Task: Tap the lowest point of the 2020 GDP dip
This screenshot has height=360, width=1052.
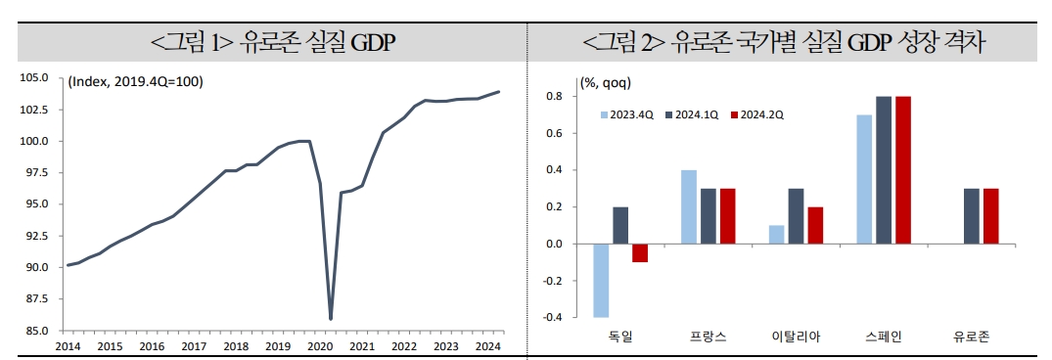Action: (x=331, y=318)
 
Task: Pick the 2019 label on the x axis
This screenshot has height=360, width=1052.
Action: (x=277, y=346)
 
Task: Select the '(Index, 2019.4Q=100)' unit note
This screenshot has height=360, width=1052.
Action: (x=135, y=81)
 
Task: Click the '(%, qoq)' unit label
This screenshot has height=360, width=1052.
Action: (x=606, y=82)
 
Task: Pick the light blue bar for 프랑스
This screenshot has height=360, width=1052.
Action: (x=688, y=206)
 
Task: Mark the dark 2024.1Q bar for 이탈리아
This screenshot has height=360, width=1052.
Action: (x=797, y=216)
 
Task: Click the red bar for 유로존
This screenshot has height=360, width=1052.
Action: (x=990, y=216)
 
